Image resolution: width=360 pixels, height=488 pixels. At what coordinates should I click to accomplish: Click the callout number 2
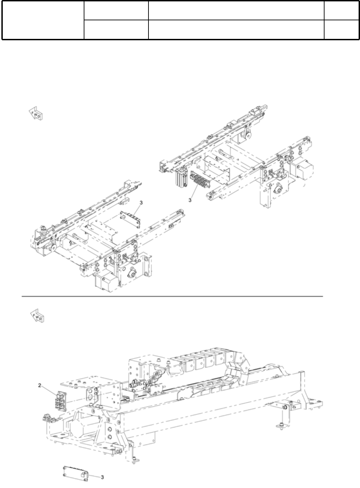click(x=40, y=386)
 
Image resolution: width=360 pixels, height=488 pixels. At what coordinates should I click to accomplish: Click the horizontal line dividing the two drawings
click(x=172, y=296)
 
